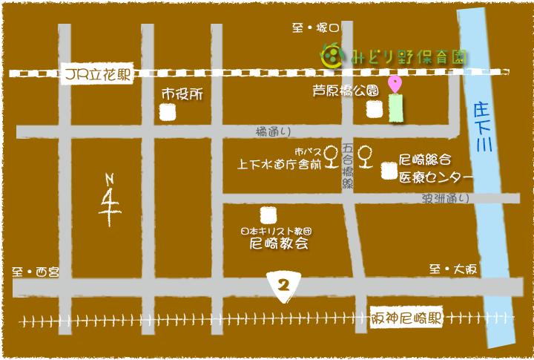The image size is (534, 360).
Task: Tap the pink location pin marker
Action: (395, 83)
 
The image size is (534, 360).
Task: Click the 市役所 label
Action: (182, 95)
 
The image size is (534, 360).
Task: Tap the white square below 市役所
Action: (168, 113)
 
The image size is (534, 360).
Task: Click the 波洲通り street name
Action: (446, 198)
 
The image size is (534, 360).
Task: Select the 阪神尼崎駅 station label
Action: (408, 318)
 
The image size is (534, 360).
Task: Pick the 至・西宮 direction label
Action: (36, 272)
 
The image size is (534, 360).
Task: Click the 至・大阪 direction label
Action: (452, 269)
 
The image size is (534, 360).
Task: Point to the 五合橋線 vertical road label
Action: (348, 168)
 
